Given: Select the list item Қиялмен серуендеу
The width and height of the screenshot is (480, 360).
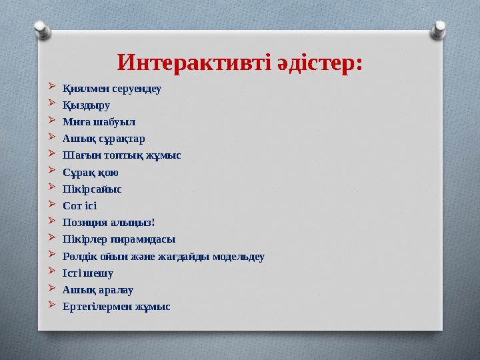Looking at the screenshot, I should point(112,88).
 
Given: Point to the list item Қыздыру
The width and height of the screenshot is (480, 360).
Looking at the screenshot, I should point(87,105).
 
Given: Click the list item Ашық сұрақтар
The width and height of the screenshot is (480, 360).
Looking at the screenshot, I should point(103,139).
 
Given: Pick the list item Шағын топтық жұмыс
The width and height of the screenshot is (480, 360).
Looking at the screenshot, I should point(121,155).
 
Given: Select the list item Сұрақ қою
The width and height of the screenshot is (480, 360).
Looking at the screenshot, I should point(91,172).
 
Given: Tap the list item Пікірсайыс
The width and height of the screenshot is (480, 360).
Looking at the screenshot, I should point(92,189).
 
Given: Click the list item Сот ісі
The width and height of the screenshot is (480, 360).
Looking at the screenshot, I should point(79,205).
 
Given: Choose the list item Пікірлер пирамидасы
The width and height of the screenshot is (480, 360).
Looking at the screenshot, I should point(119,239).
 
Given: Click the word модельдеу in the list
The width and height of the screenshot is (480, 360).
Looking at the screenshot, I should point(238,256).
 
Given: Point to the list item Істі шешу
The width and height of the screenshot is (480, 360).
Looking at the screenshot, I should point(87,273).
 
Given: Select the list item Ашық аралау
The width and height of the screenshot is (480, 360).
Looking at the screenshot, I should point(98,289).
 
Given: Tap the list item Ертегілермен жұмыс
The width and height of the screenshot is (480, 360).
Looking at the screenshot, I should point(116,307).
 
